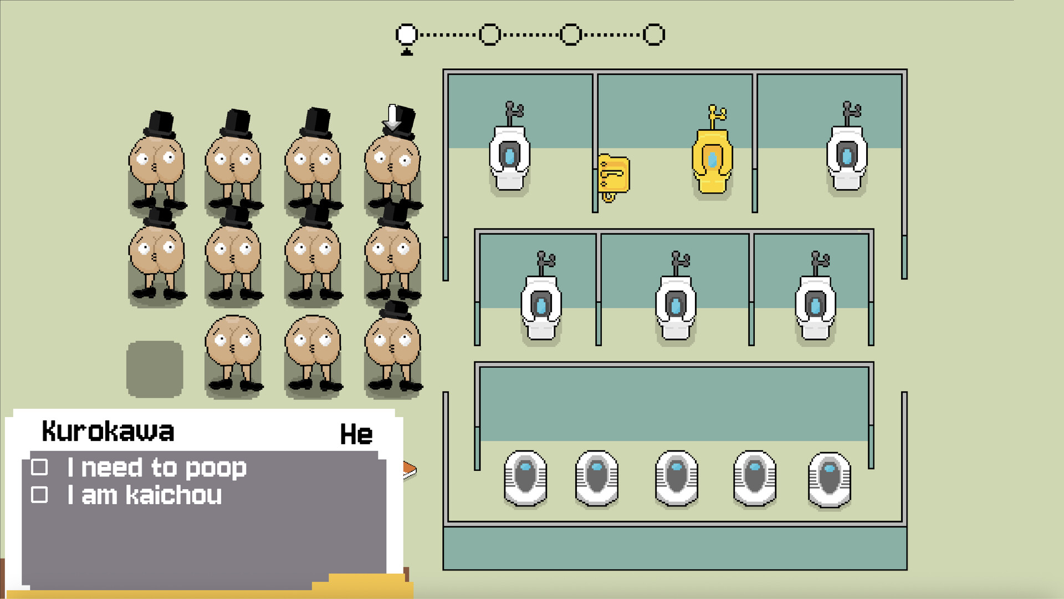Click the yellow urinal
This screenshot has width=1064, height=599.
[712, 161]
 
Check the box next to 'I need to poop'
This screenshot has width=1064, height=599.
[39, 467]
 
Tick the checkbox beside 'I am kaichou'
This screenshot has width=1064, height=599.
[39, 494]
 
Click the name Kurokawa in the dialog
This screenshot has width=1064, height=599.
[108, 431]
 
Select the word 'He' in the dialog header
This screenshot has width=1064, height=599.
[356, 434]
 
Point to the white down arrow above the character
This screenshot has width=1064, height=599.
[392, 118]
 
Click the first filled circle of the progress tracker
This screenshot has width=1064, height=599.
[407, 34]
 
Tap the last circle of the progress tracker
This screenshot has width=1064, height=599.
[654, 34]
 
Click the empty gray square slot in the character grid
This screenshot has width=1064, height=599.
[155, 369]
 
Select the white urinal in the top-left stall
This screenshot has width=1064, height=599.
[509, 158]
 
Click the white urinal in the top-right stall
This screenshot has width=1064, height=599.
[847, 158]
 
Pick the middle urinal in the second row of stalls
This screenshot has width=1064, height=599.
[676, 308]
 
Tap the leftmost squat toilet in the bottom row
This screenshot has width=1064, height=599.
[525, 478]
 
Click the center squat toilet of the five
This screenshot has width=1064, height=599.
[677, 478]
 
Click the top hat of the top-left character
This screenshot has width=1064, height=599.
[160, 124]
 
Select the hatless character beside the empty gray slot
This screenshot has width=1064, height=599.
[233, 353]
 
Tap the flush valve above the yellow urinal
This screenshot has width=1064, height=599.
[716, 116]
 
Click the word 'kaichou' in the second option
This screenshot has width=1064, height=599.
[174, 495]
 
